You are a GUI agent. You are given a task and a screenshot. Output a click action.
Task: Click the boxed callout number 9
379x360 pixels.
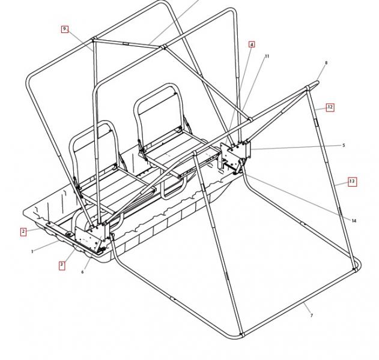click(64, 29)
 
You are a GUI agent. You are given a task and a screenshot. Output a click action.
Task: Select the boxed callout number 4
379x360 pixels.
click(252, 44)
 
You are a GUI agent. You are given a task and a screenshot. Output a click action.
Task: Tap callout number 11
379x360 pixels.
click(267, 56)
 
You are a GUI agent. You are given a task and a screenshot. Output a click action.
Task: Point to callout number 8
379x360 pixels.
click(326, 63)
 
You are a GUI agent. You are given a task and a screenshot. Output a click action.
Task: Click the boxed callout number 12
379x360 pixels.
click(330, 107)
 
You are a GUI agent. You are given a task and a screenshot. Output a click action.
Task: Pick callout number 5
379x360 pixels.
click(344, 145)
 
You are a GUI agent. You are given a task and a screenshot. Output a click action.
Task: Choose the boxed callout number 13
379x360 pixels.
click(352, 181)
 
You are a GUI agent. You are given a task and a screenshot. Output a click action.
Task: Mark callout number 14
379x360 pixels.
click(354, 221)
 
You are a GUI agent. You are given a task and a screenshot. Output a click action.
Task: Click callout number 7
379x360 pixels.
click(312, 316)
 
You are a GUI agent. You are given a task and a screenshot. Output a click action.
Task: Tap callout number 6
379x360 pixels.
click(82, 272)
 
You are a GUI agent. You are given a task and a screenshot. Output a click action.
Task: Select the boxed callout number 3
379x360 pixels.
click(62, 265)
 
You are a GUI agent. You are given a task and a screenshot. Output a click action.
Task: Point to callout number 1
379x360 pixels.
click(32, 251)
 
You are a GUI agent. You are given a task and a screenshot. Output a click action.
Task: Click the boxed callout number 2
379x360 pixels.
click(23, 232)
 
